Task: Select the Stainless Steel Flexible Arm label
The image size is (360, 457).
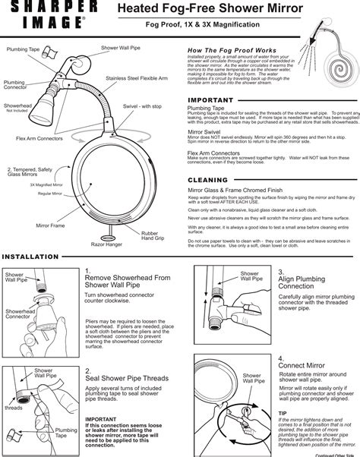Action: tap(137, 77)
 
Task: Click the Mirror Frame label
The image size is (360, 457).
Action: tap(50, 225)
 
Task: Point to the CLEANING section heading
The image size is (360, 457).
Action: tap(207, 180)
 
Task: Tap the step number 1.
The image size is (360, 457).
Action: tap(88, 270)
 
